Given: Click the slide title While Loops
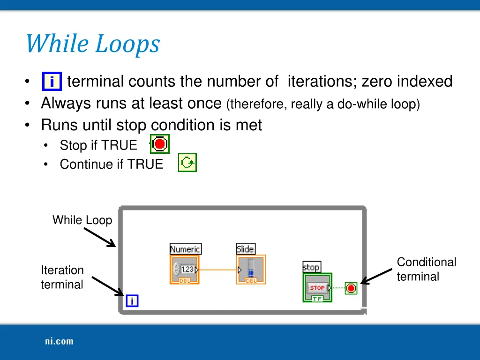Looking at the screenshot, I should [92, 44].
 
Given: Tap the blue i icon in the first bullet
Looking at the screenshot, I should [52, 82].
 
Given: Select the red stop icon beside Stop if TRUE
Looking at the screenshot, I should [160, 144].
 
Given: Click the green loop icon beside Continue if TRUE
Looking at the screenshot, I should [187, 163].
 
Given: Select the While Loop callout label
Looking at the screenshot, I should [82, 220].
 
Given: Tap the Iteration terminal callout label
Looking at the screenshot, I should [62, 277].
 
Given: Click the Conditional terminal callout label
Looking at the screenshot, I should [426, 269].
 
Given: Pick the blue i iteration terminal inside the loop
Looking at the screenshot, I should [132, 301].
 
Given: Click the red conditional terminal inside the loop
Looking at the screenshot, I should [351, 288].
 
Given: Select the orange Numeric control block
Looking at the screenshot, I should [185, 270].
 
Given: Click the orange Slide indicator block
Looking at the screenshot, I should [251, 270].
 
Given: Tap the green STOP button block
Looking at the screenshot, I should [317, 287].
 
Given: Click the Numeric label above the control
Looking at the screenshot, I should [185, 249].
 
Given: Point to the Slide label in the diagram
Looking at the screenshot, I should [246, 249].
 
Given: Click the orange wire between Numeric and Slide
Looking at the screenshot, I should [218, 270].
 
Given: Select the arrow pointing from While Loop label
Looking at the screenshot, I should [99, 237].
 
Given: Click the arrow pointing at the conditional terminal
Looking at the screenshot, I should [376, 276].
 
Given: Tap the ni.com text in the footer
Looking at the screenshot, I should [59, 341].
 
